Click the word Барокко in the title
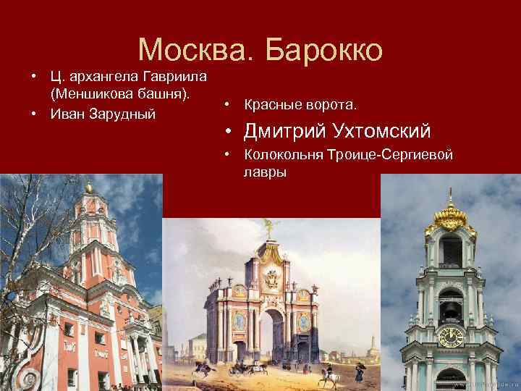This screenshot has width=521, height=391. [x=321, y=49]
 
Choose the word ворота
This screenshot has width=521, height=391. [x=330, y=106]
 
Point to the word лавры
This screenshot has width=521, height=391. [x=266, y=172]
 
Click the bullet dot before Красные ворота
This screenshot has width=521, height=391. [x=227, y=106]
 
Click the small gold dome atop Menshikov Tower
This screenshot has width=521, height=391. [x=88, y=188]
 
